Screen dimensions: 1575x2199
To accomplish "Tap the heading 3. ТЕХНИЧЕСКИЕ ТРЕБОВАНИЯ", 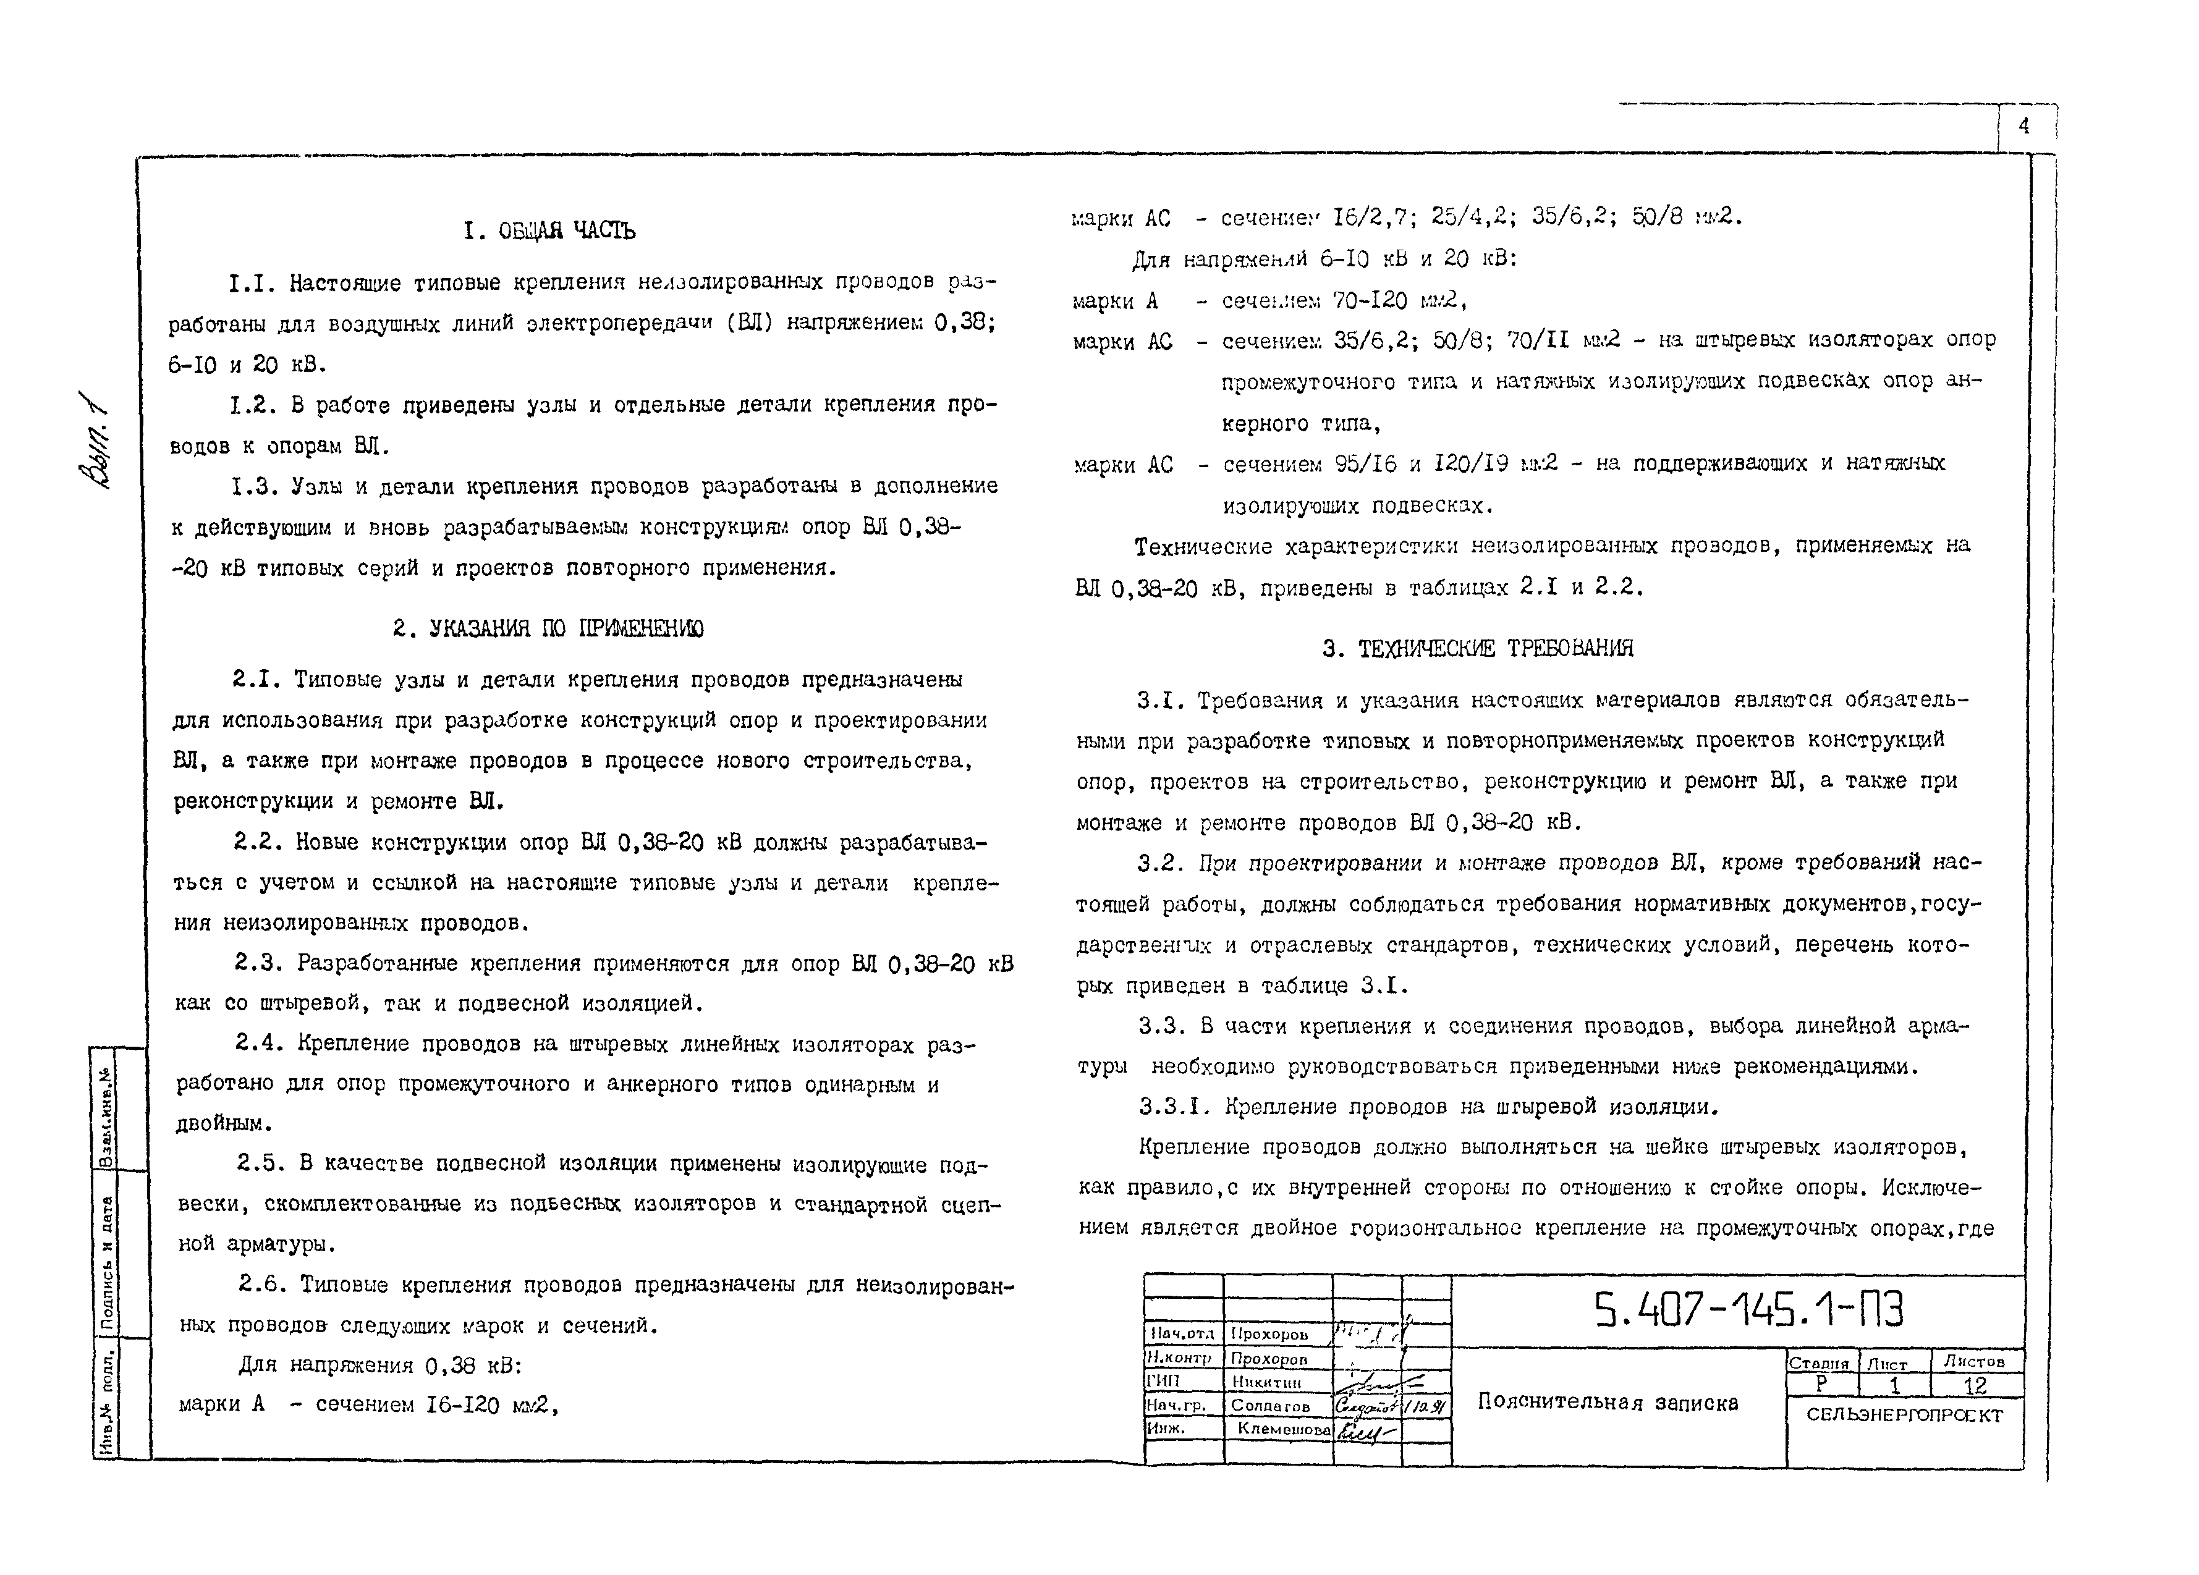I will (1478, 648).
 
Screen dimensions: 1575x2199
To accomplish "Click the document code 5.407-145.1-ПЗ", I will (1748, 1311).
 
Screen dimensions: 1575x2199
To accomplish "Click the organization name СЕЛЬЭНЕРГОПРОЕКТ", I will (1904, 1415).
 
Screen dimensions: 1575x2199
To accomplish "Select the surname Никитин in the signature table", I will (1266, 1383).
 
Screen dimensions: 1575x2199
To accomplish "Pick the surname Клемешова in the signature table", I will (1283, 1429).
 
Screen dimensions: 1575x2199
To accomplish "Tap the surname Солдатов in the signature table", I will (1270, 1405).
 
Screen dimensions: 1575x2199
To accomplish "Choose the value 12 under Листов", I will (1975, 1385).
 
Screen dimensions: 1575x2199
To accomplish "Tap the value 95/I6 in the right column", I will (1365, 464).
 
